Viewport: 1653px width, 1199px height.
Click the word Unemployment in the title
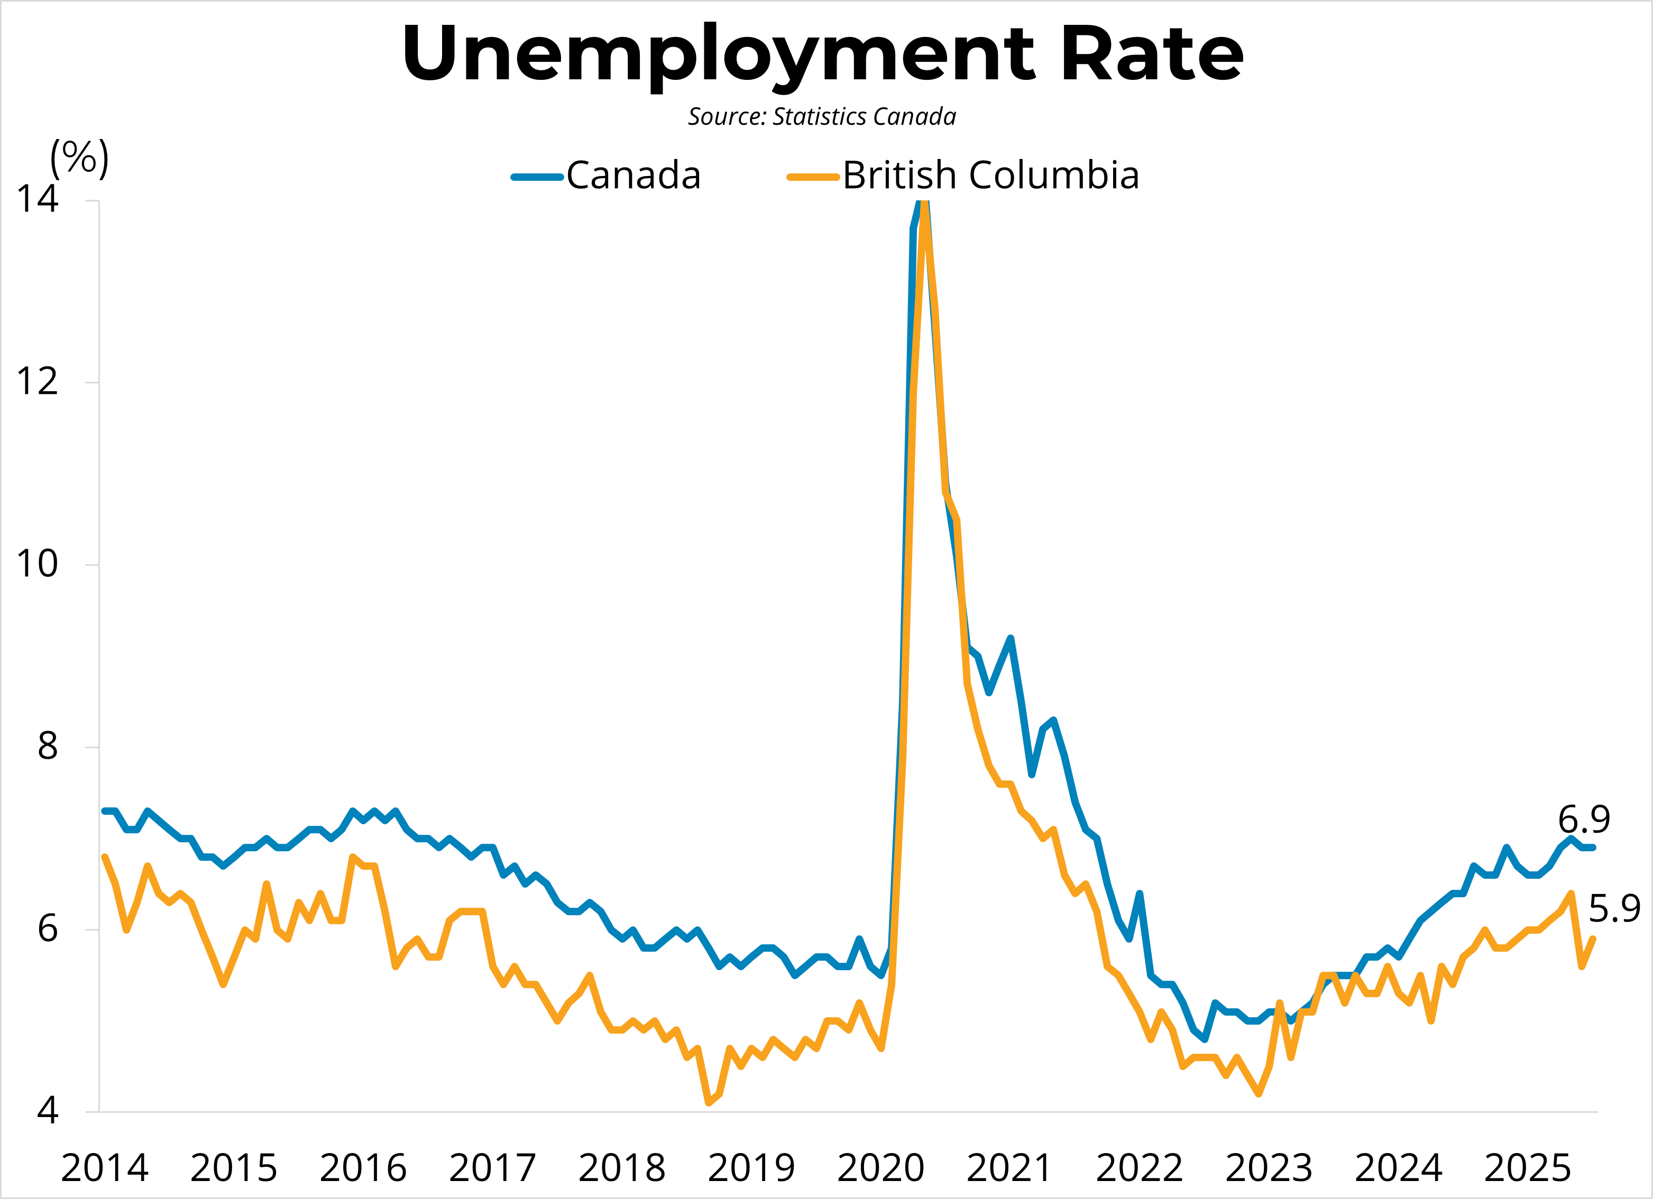tap(718, 54)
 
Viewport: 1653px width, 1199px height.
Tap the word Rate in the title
tap(1152, 54)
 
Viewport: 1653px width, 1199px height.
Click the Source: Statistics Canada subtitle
tap(822, 117)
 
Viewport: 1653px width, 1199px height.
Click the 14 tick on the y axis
tap(37, 198)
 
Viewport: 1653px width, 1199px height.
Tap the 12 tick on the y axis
tap(37, 381)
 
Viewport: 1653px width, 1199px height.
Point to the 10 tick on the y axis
tap(37, 564)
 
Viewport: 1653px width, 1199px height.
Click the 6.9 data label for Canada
tap(1584, 820)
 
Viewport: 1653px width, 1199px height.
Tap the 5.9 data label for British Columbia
tap(1614, 909)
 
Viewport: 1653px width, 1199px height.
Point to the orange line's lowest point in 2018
tap(709, 1102)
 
